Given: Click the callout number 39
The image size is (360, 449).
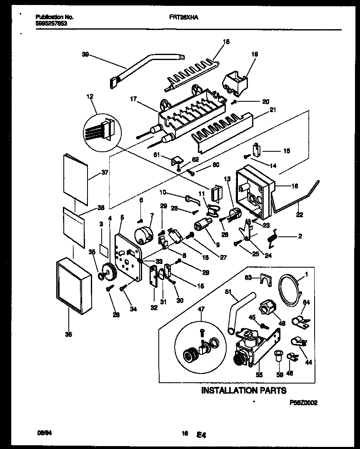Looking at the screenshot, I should (85, 54).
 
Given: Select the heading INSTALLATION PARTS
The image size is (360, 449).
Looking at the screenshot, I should (244, 390).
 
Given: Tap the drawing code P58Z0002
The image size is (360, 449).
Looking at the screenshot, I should (303, 403).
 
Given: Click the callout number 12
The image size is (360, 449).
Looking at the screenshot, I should (90, 97).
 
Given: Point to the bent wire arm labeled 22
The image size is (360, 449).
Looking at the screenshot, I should (300, 198).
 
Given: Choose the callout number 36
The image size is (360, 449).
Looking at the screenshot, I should (69, 334).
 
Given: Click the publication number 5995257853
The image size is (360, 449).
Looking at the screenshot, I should (51, 23).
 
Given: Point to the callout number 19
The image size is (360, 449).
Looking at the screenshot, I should (255, 54).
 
